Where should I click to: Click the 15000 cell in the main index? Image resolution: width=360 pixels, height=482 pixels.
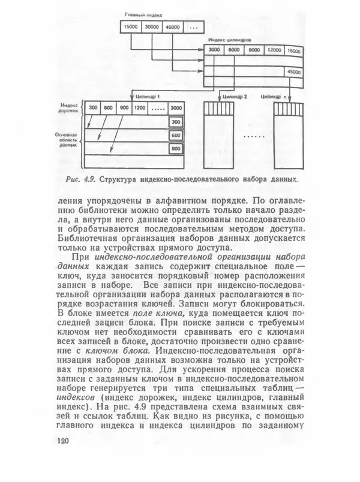point(131,27)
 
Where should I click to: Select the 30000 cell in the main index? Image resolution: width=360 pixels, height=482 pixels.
point(152,27)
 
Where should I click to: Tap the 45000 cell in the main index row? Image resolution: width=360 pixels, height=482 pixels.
point(173,27)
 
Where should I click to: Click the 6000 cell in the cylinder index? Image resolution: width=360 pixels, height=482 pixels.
point(234,50)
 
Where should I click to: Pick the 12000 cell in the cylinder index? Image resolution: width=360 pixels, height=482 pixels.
point(274,50)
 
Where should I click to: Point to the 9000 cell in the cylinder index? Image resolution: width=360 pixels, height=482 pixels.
point(254,50)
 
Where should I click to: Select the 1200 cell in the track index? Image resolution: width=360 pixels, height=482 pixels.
point(140,107)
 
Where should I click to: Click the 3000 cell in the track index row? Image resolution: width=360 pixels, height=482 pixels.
point(175,107)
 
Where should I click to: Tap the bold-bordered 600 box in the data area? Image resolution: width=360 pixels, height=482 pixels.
point(175,135)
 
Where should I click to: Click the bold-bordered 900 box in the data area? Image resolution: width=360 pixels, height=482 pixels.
point(175,149)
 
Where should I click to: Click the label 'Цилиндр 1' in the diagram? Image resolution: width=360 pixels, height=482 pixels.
point(148,95)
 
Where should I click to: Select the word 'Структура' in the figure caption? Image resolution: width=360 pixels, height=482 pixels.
point(118,179)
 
